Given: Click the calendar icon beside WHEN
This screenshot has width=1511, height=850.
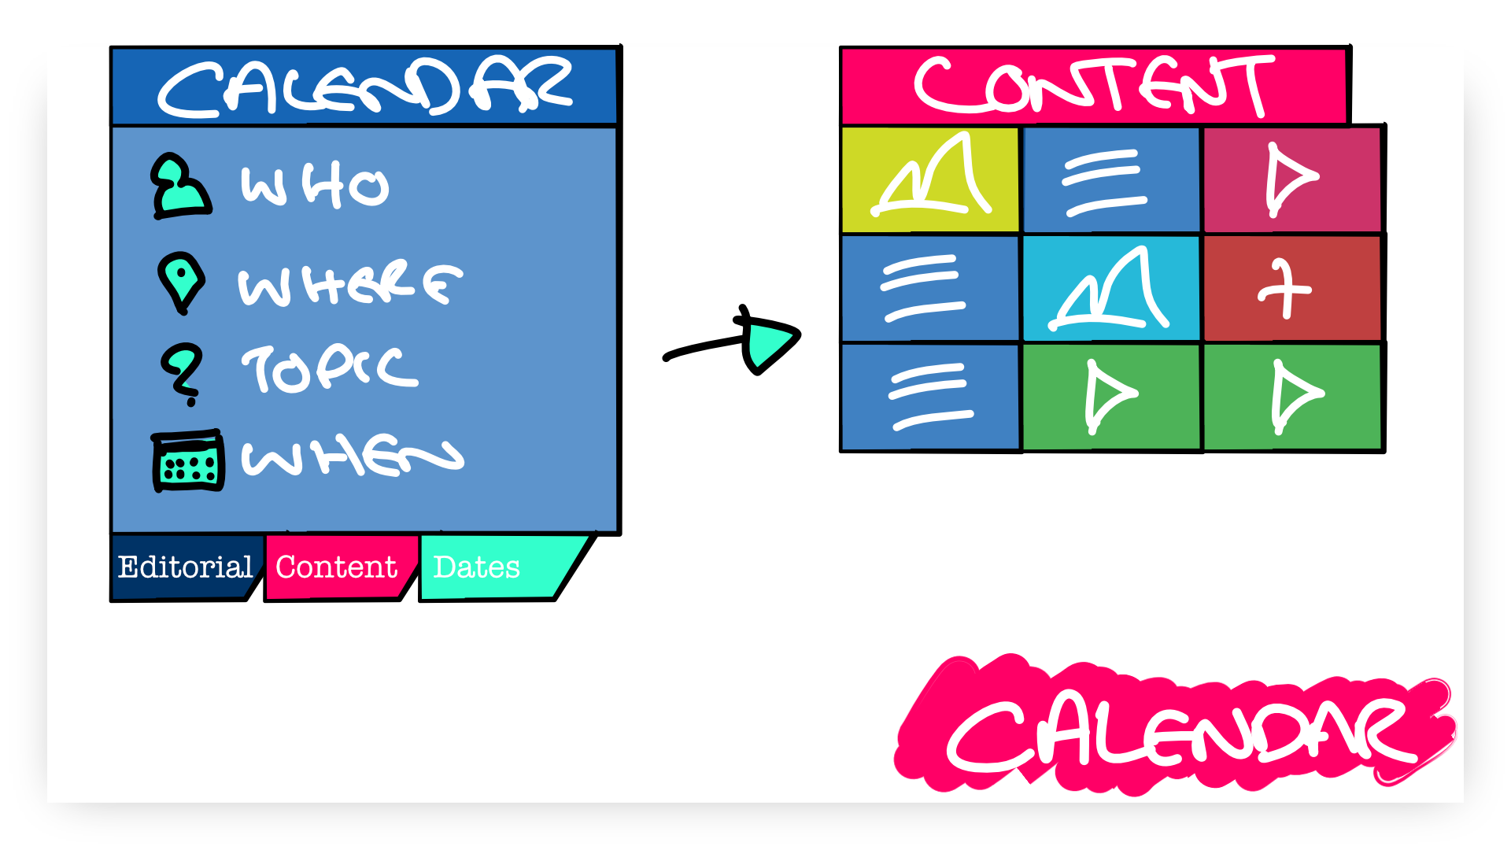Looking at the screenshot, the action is [x=187, y=461].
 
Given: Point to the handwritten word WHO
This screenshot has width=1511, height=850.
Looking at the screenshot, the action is [x=315, y=186].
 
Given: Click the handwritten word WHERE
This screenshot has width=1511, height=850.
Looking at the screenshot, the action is [x=350, y=283].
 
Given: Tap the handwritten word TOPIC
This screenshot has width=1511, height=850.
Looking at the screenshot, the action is [x=330, y=369].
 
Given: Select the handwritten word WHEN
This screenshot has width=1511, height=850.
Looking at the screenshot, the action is [x=353, y=457].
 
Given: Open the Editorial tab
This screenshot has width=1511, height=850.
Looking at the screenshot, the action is [x=186, y=567].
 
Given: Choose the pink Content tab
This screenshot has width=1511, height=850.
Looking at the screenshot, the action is [x=338, y=567].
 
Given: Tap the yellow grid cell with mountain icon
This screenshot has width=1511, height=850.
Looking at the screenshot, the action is [x=930, y=179].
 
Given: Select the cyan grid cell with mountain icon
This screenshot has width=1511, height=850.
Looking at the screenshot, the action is [x=1111, y=288].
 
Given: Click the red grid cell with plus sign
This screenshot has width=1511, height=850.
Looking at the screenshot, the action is [x=1292, y=288].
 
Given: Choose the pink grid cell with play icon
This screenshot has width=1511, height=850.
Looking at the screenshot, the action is [x=1292, y=179].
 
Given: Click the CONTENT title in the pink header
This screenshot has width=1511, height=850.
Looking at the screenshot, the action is [x=1094, y=86].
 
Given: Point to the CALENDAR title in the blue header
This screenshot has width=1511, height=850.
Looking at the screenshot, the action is [x=366, y=87].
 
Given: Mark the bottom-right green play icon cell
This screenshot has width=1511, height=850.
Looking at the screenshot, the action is [x=1293, y=397].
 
